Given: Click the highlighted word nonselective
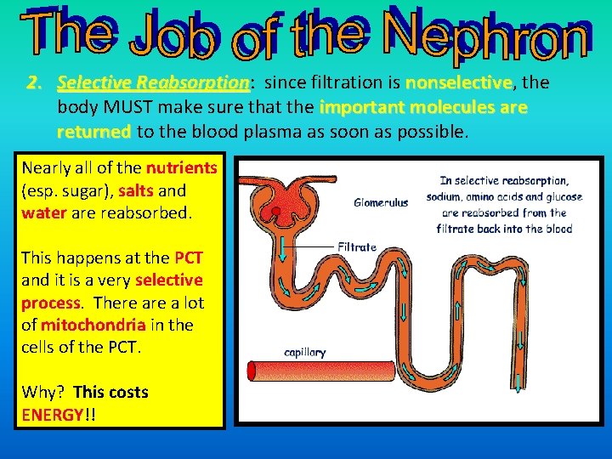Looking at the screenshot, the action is coord(460,83).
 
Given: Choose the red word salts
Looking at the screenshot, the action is coord(136,190).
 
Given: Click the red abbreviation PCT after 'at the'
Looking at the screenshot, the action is coord(189,257).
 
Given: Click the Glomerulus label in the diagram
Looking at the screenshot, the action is coord(381,202).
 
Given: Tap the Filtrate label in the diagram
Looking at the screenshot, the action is coord(357,246).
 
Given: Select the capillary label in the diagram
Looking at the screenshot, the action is coord(304,352).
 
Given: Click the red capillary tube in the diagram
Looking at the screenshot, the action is coord(340,371).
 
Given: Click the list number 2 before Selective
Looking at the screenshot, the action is coord(33,83).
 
